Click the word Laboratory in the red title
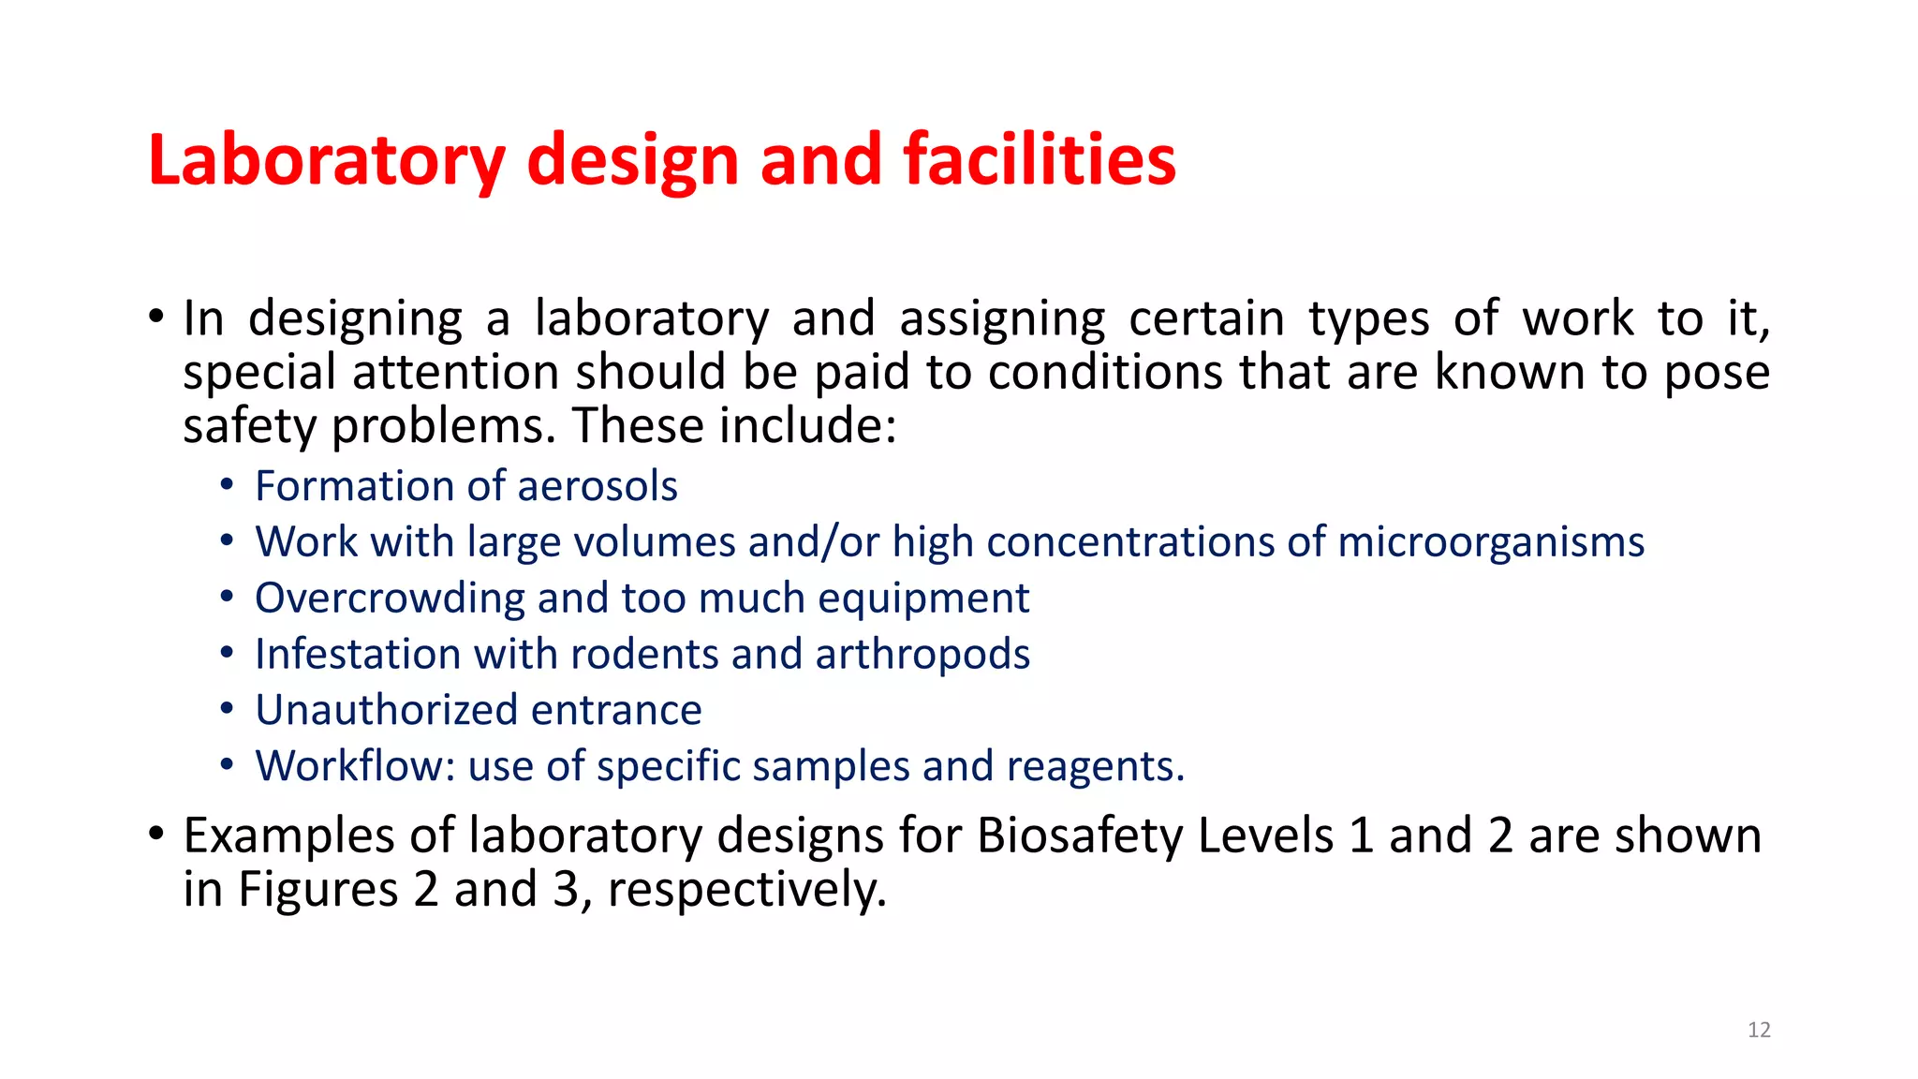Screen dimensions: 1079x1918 coord(326,161)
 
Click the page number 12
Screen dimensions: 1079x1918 coord(1759,1030)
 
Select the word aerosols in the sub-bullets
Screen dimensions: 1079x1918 coord(597,486)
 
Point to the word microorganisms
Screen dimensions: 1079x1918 coord(1490,542)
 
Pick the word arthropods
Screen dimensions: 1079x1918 coord(922,655)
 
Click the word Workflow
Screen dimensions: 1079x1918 coord(355,766)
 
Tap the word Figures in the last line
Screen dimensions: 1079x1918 coord(318,890)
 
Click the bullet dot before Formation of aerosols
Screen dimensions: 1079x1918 coord(227,485)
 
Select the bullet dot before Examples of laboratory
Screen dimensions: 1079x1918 coord(155,833)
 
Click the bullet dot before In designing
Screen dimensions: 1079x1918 coord(155,316)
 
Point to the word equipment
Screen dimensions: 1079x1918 coord(923,599)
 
